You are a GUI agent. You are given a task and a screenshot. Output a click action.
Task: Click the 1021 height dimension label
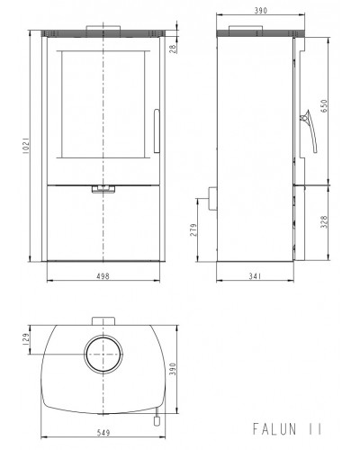pyautogui.click(x=26, y=146)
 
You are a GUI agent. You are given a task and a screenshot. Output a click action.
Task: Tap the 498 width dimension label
pyautogui.click(x=103, y=276)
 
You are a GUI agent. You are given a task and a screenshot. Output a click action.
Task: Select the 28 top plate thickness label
pyautogui.click(x=173, y=49)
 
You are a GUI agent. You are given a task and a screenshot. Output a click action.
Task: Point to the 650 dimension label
pyautogui.click(x=324, y=106)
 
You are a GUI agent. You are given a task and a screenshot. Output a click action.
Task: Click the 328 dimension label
pyautogui.click(x=324, y=222)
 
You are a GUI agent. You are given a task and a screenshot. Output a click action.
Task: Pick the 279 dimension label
pyautogui.click(x=193, y=229)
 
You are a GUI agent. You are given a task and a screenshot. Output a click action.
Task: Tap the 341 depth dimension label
pyautogui.click(x=255, y=276)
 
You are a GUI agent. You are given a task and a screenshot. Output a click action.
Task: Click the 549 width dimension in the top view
pyautogui.click(x=103, y=433)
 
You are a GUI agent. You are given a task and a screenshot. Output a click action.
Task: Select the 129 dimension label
pyautogui.click(x=26, y=339)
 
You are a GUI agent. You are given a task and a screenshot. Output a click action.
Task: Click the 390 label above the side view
pyautogui.click(x=260, y=11)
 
